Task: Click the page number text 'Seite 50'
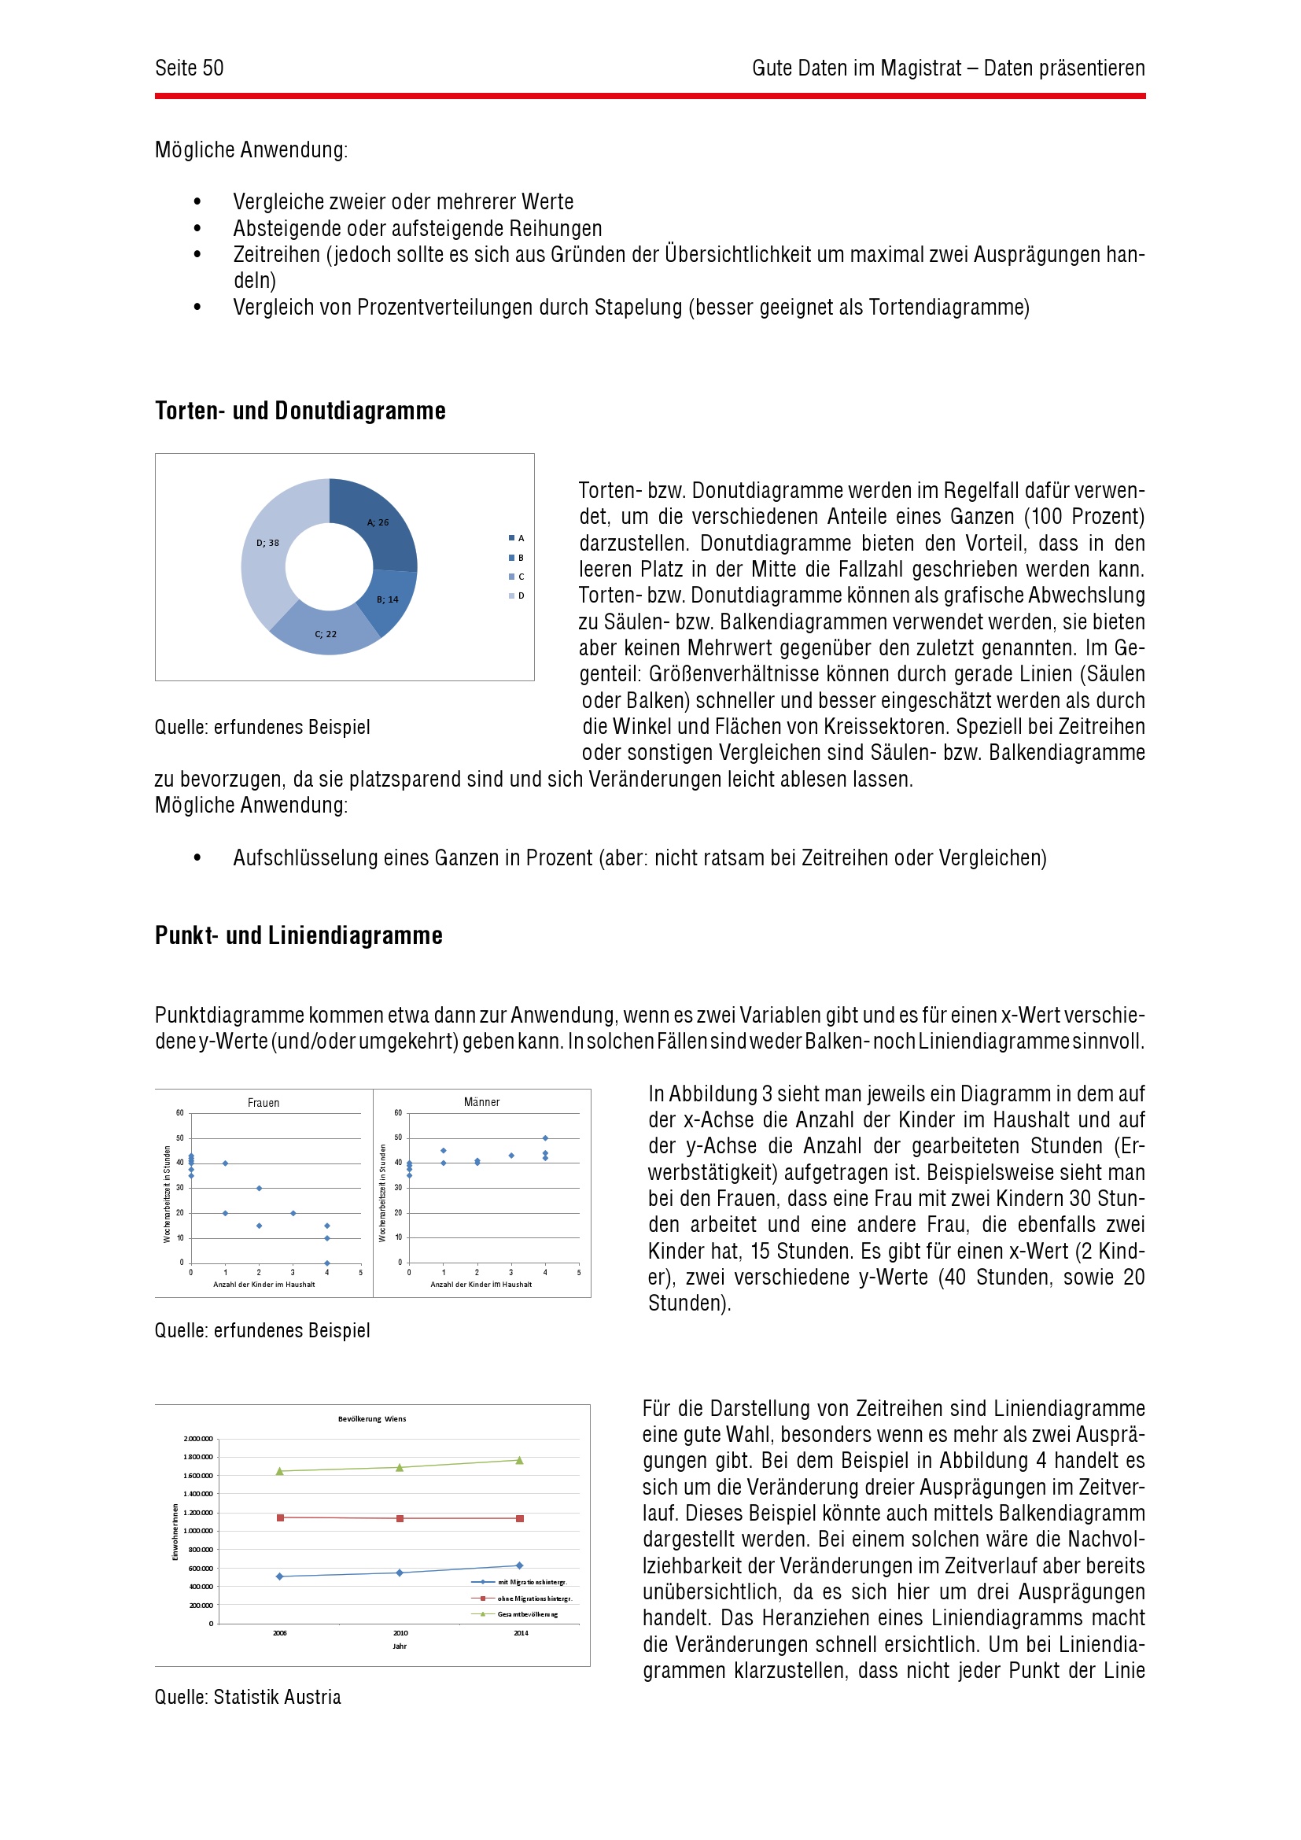coord(189,68)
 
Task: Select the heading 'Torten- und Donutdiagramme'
coord(300,411)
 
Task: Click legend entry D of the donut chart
coord(517,596)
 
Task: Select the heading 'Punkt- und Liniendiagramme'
coord(298,935)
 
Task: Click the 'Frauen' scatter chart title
coord(264,1103)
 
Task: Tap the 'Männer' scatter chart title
coord(481,1102)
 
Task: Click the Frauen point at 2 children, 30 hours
coord(259,1188)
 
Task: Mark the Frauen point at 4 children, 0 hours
coord(327,1263)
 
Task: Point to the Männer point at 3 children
coord(511,1156)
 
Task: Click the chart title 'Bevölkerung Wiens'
coord(372,1418)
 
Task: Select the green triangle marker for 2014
coord(519,1460)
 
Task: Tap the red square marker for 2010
coord(400,1518)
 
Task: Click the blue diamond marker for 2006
coord(279,1576)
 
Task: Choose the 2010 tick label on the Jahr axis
coord(400,1633)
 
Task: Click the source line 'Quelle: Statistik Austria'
coord(248,1697)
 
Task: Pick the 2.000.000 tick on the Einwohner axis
coord(199,1439)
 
